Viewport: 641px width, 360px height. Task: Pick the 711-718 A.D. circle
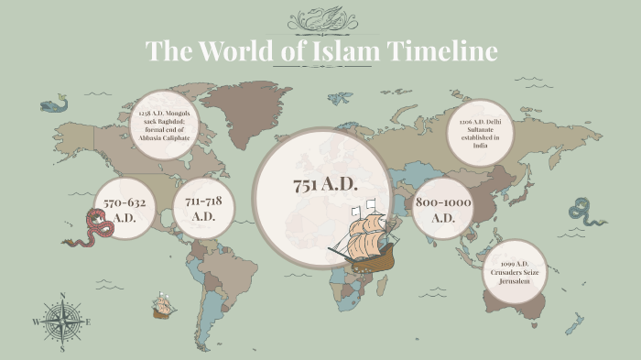coord(204,209)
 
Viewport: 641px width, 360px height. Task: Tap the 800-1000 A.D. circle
coord(443,209)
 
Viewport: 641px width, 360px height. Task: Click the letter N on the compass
coord(62,296)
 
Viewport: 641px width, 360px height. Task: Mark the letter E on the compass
coord(88,322)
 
